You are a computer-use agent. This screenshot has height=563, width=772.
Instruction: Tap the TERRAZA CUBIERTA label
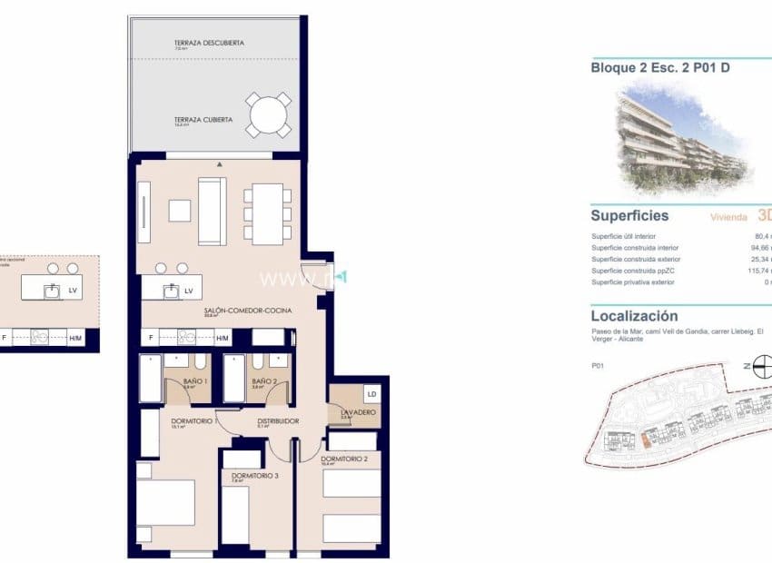[203, 120]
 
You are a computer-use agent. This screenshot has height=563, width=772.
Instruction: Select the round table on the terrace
[270, 115]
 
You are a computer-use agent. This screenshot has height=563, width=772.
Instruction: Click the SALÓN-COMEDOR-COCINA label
[248, 311]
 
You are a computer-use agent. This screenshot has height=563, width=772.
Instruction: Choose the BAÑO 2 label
[264, 381]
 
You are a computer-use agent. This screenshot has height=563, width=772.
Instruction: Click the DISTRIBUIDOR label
[278, 420]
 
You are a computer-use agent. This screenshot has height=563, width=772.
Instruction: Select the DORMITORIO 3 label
[249, 476]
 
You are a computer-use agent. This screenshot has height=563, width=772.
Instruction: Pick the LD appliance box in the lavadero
[371, 393]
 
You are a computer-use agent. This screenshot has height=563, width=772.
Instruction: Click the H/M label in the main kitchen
[223, 338]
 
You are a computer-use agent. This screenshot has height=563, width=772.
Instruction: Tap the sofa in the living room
[212, 211]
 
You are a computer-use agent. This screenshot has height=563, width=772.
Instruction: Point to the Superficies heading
[629, 216]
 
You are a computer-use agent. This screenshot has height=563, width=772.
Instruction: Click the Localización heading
[634, 316]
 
